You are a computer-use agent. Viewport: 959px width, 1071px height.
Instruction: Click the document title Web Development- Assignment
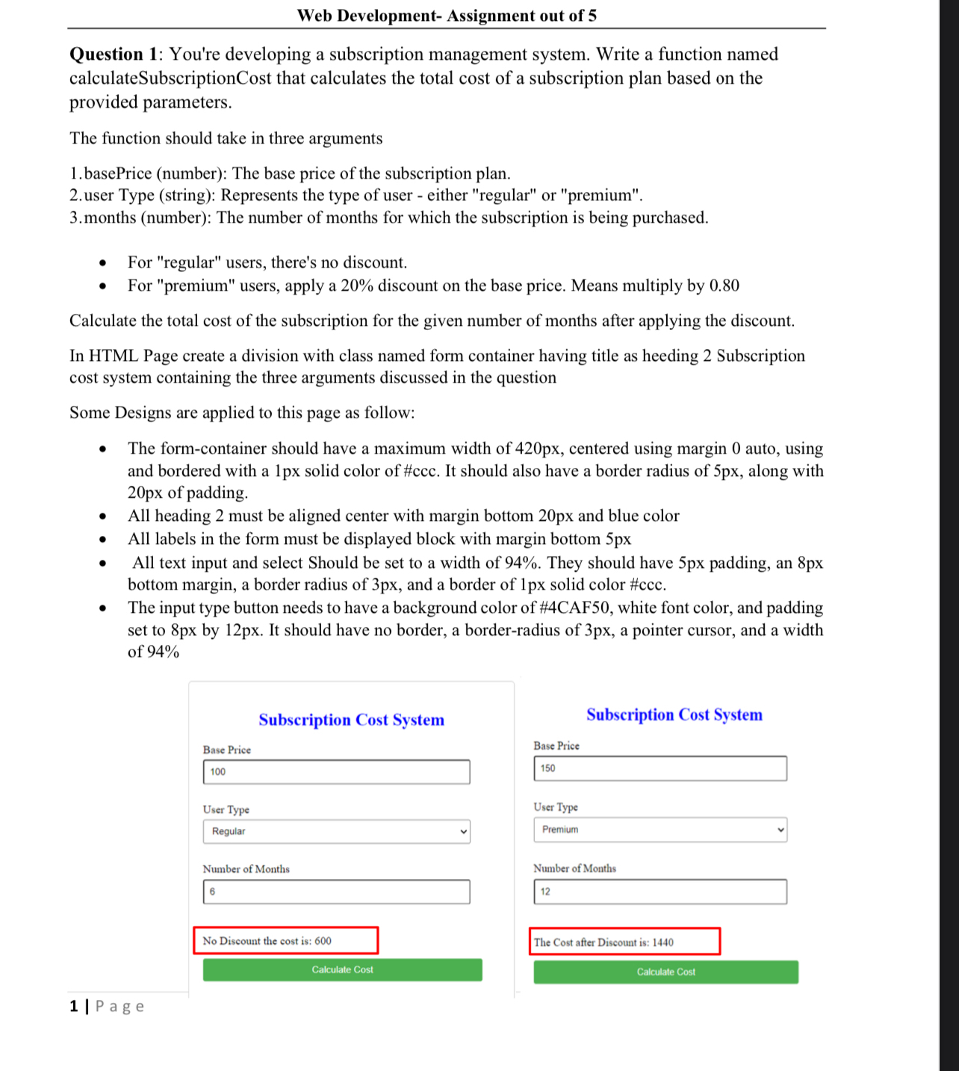click(x=447, y=16)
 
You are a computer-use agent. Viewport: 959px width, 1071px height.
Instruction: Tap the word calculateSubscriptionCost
click(x=170, y=78)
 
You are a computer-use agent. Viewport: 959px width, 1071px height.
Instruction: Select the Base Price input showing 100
click(x=336, y=771)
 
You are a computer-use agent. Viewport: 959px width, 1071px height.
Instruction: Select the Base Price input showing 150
click(x=659, y=768)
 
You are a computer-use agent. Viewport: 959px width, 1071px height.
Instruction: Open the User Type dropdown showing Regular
click(x=336, y=831)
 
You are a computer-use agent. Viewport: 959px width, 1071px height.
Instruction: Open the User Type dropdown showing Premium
click(x=659, y=830)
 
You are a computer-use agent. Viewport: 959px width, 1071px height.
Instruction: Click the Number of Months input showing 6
click(x=336, y=892)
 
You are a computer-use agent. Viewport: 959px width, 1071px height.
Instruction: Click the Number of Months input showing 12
click(x=659, y=892)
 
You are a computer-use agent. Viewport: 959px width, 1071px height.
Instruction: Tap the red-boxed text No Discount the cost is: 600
click(x=285, y=941)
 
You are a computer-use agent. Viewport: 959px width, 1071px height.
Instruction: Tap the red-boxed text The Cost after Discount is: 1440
click(x=624, y=942)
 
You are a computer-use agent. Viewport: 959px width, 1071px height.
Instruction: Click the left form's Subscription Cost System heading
click(x=351, y=720)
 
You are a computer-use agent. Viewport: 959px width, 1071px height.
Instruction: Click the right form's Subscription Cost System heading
click(x=674, y=714)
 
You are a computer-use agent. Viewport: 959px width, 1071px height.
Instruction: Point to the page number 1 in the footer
click(x=74, y=1006)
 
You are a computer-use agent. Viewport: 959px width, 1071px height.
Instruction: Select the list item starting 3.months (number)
click(x=388, y=217)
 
